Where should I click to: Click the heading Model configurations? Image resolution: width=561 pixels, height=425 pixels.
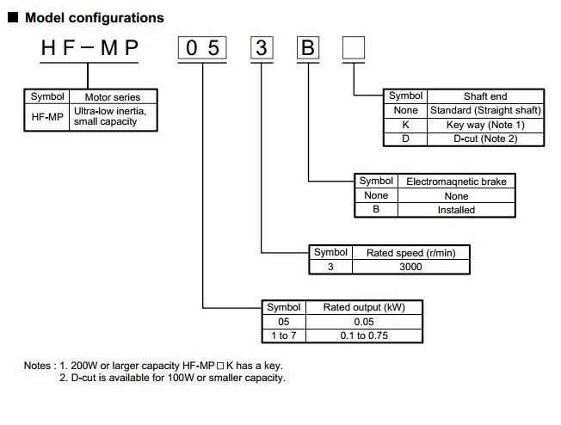pos(94,17)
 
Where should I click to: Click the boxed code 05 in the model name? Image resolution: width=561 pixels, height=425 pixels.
pos(202,47)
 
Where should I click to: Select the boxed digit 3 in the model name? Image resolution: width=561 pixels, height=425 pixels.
pos(262,47)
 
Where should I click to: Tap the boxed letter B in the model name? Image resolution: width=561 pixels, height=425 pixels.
pos(308,47)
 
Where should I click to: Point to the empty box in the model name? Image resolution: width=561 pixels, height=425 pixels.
pos(354,47)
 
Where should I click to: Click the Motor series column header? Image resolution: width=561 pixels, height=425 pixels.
pos(113,97)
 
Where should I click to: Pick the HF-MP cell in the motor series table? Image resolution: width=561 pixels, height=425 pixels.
pos(47,117)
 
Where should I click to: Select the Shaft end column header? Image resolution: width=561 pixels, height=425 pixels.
pos(485,96)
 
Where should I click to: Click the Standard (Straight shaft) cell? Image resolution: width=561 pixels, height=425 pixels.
pos(485,110)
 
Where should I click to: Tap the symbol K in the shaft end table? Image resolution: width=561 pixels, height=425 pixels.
pos(405,125)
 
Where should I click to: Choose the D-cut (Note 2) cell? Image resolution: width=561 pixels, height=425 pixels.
pos(485,139)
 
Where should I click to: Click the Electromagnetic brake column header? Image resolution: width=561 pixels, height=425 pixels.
pos(456,182)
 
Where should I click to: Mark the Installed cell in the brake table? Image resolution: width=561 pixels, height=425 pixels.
pos(456,210)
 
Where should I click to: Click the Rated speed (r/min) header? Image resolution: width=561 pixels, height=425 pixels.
pos(410,253)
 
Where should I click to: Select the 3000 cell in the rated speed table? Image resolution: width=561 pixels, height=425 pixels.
pos(410,267)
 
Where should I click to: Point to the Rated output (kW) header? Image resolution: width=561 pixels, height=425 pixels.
pos(364,307)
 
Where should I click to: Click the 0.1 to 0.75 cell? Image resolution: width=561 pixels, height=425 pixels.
pos(364,336)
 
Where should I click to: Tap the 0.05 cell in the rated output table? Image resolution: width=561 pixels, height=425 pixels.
pos(364,322)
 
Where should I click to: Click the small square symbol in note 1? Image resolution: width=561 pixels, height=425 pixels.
pos(220,366)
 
